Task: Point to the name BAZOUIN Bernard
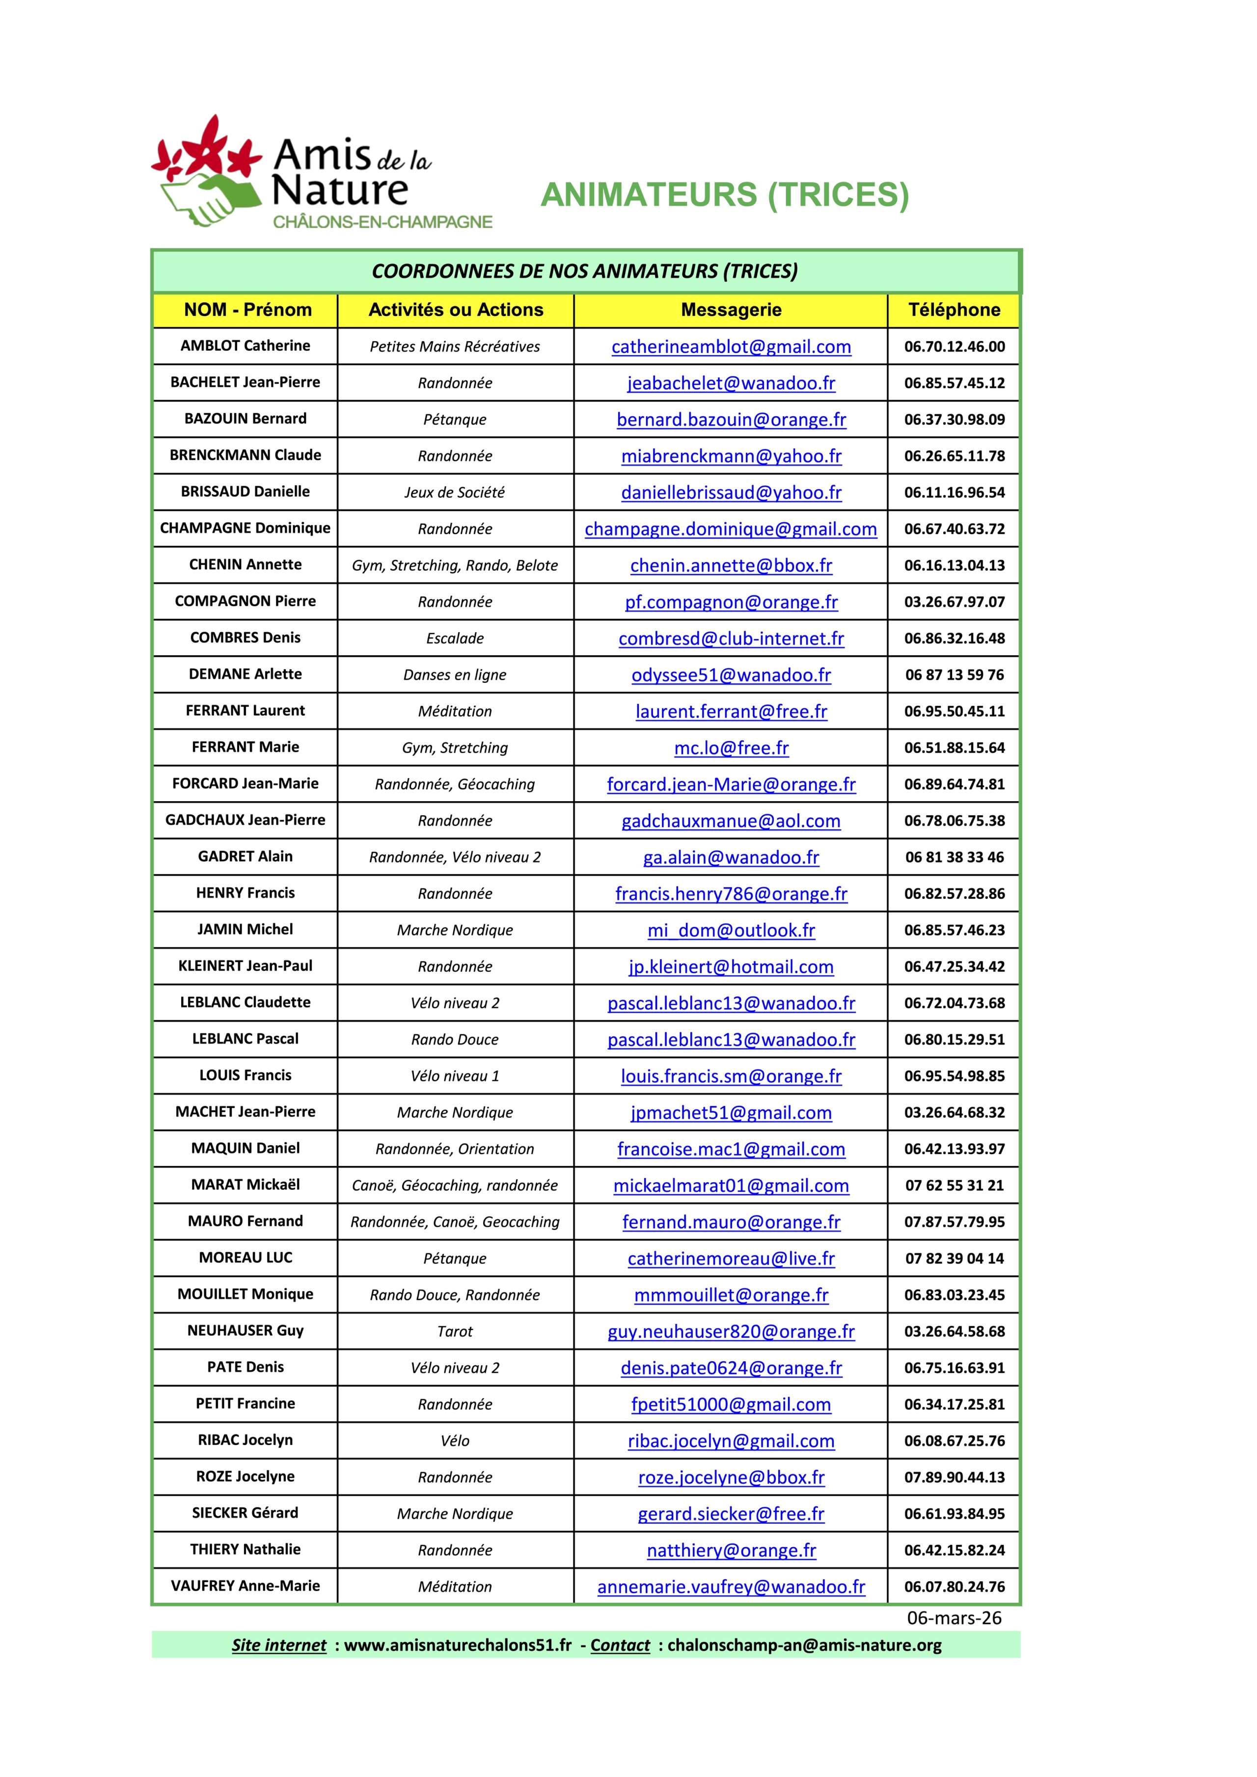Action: click(246, 419)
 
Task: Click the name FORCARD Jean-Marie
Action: click(246, 783)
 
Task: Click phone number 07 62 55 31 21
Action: click(955, 1185)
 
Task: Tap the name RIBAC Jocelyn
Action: click(246, 1440)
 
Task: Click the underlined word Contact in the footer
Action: click(620, 1645)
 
